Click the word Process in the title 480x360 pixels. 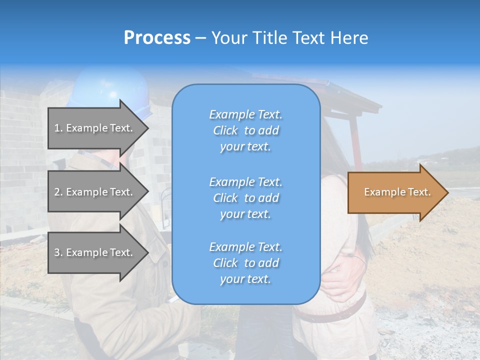[157, 38]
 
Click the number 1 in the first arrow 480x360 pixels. [57, 128]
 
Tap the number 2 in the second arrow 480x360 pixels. [57, 192]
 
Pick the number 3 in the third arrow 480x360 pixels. [57, 252]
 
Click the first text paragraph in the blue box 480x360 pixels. [245, 130]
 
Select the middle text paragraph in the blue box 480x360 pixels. [245, 198]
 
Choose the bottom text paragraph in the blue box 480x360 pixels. [245, 263]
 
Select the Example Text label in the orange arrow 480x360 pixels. [397, 192]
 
